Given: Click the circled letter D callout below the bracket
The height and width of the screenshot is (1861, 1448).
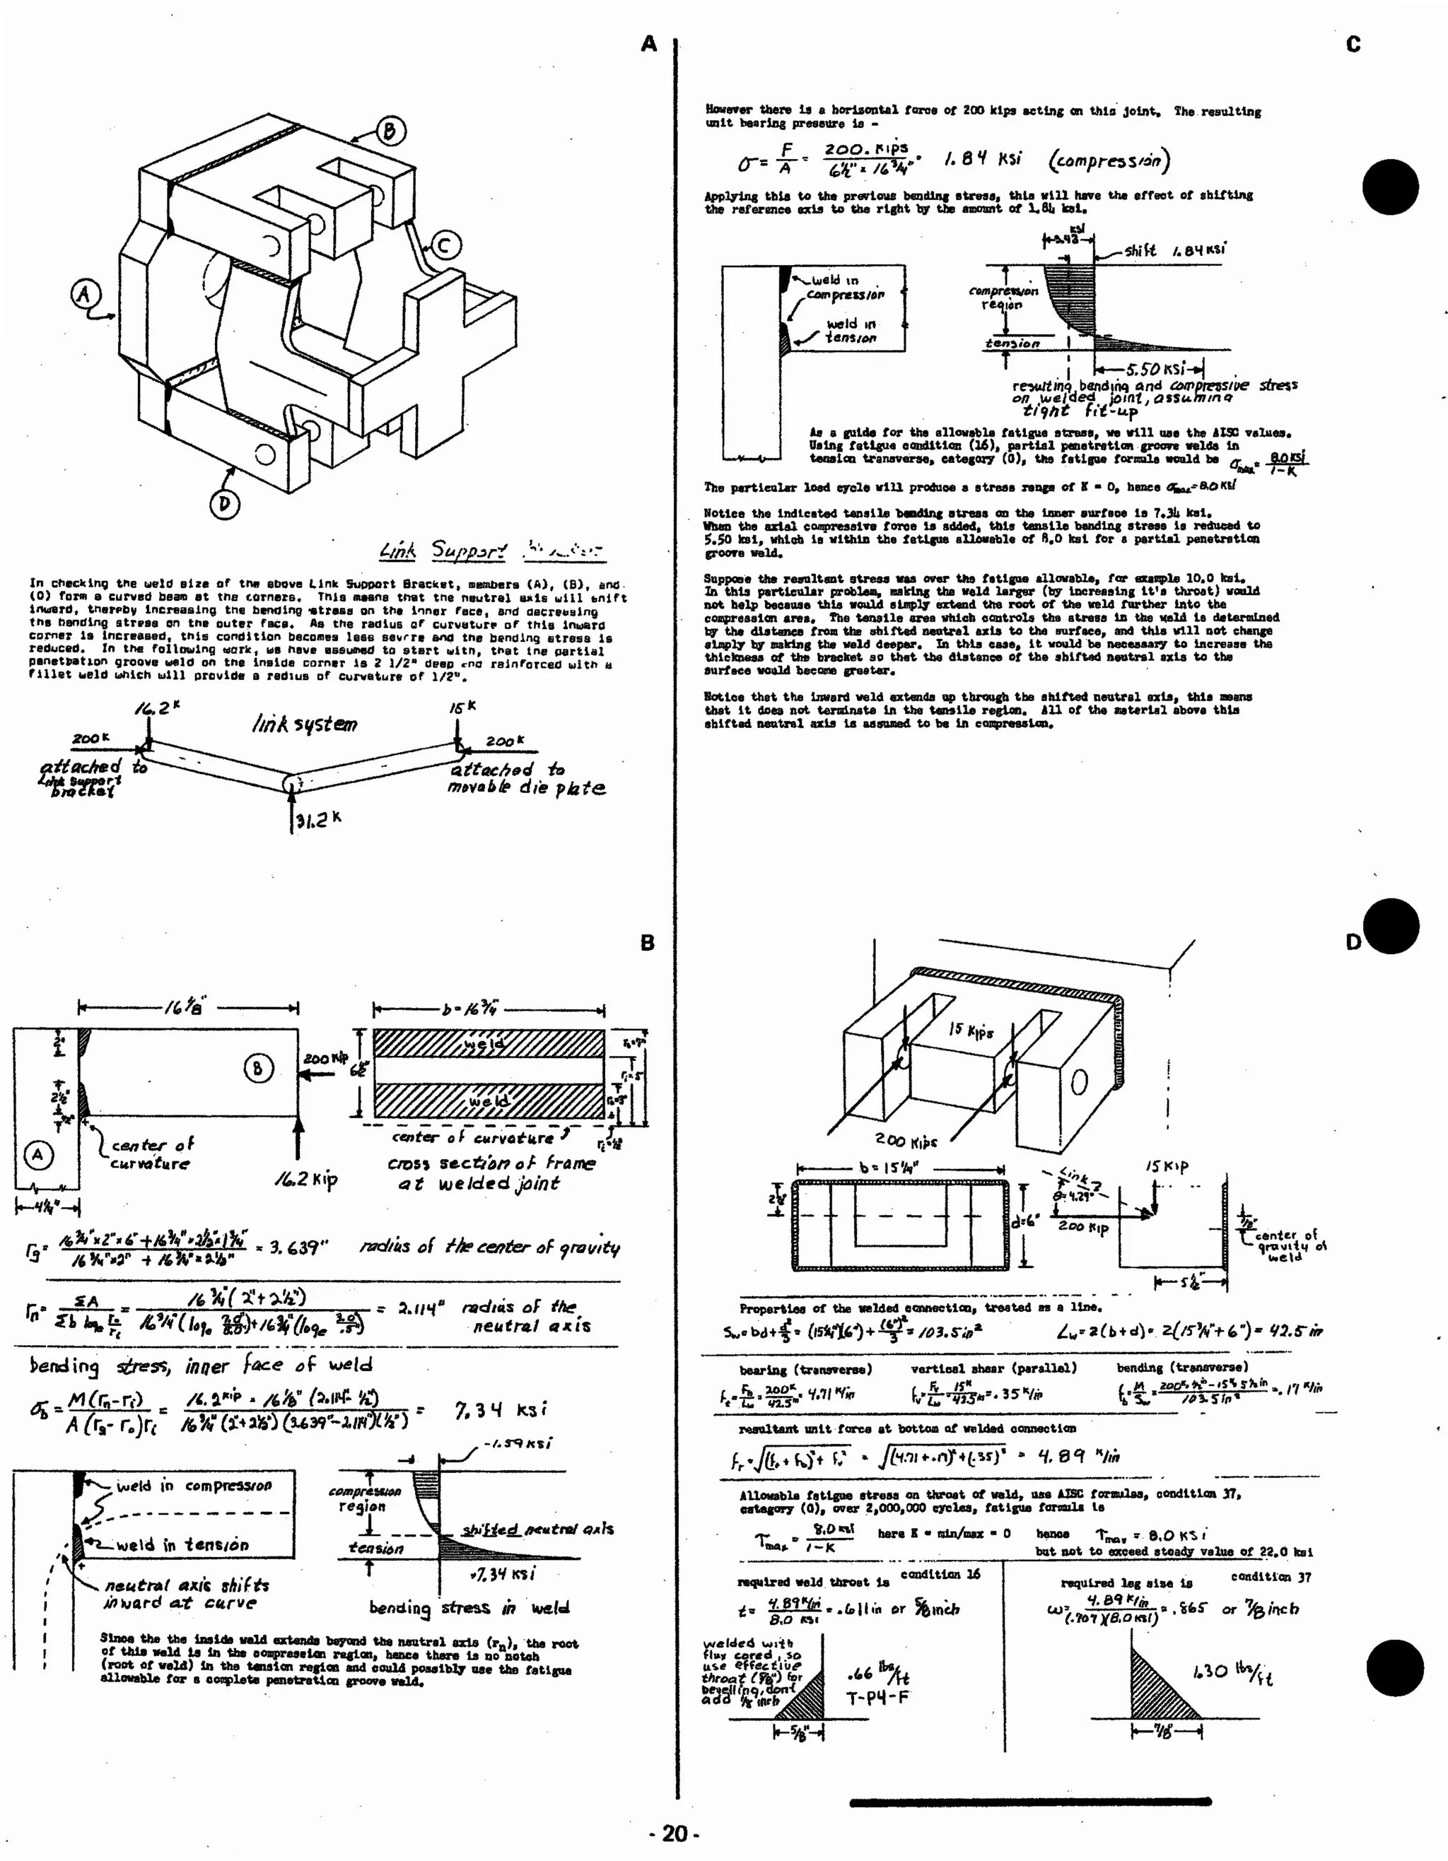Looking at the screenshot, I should point(224,504).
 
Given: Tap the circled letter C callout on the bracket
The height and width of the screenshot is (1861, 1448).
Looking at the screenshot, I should point(444,246).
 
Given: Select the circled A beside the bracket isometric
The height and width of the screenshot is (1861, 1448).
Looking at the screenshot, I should point(84,295).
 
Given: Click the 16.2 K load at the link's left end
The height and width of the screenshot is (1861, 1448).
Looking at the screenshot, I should point(156,708).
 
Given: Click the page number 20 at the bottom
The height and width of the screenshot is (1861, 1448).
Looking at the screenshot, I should point(674,1833).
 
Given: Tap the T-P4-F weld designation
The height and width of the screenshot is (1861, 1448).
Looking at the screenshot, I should point(877,1698).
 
